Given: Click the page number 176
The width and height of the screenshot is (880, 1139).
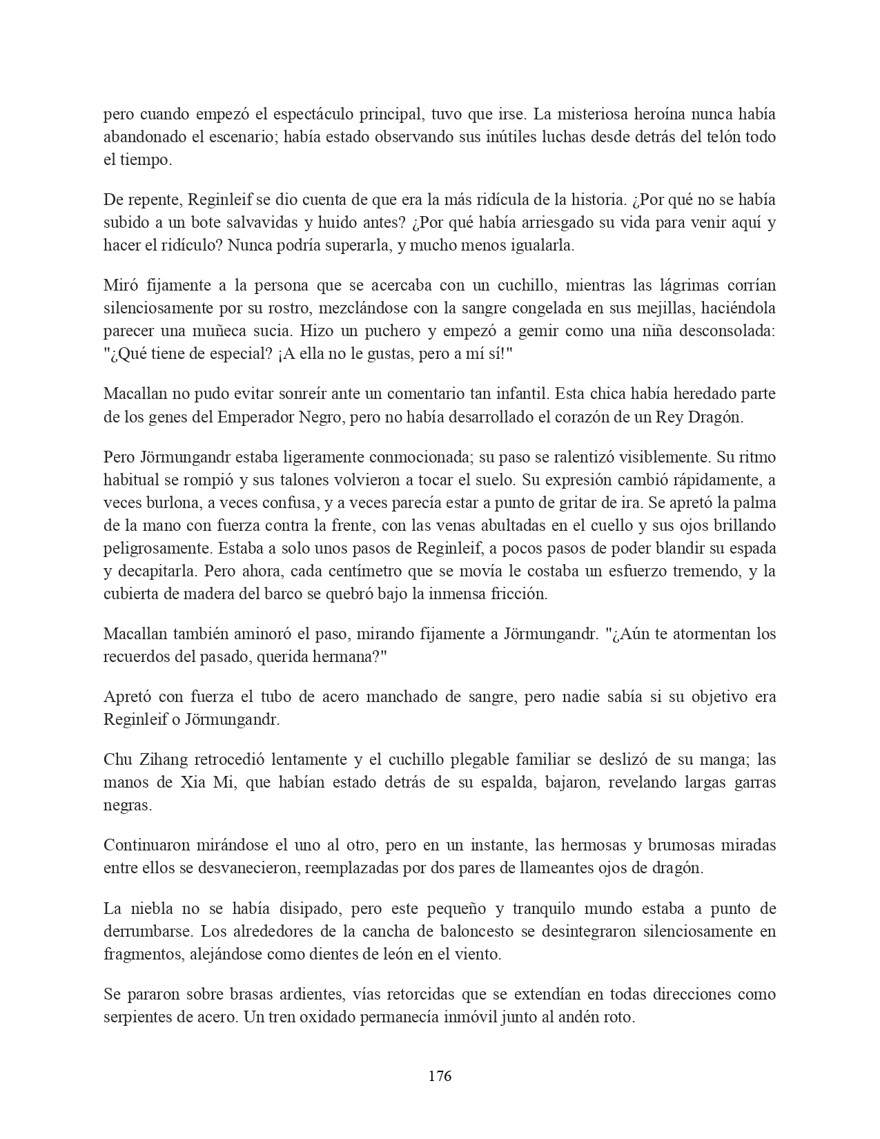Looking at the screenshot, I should click(440, 1075).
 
